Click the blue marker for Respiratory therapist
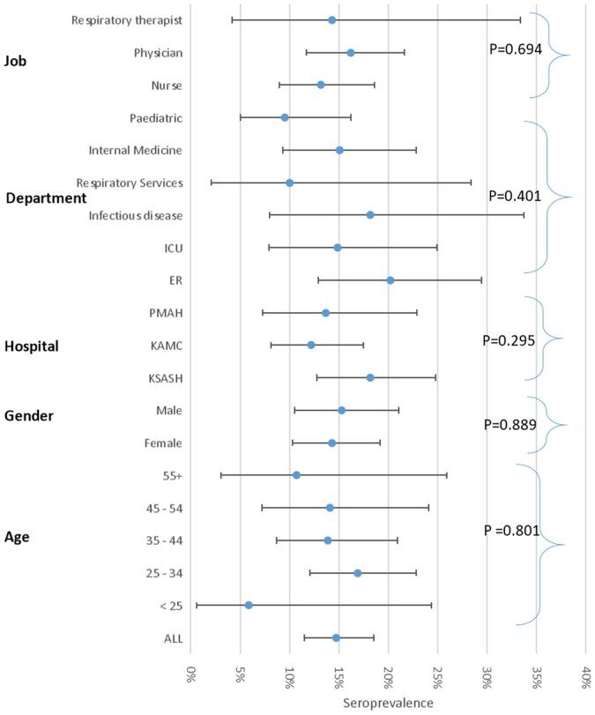pyautogui.click(x=332, y=20)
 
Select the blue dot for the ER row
pyautogui.click(x=390, y=280)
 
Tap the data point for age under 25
pyautogui.click(x=249, y=605)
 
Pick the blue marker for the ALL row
pyautogui.click(x=336, y=637)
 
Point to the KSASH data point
pyautogui.click(x=370, y=377)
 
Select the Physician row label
pyautogui.click(x=158, y=53)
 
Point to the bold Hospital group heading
pyautogui.click(x=32, y=346)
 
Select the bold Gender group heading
pyautogui.click(x=29, y=414)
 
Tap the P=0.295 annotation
pyautogui.click(x=509, y=340)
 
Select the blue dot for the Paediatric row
pyautogui.click(x=285, y=117)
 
